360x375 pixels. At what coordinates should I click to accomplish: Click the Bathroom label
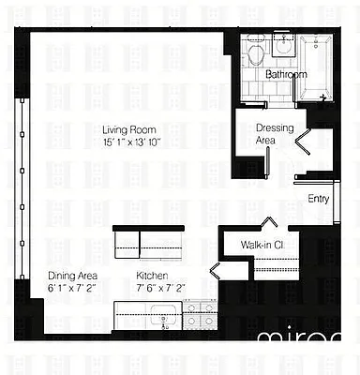pyautogui.click(x=286, y=74)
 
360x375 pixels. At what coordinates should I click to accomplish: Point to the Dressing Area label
pyautogui.click(x=265, y=134)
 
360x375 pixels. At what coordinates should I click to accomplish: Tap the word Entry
pyautogui.click(x=318, y=199)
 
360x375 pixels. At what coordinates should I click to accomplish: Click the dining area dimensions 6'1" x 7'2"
pyautogui.click(x=71, y=288)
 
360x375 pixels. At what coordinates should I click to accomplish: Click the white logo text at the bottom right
pyautogui.click(x=306, y=340)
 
